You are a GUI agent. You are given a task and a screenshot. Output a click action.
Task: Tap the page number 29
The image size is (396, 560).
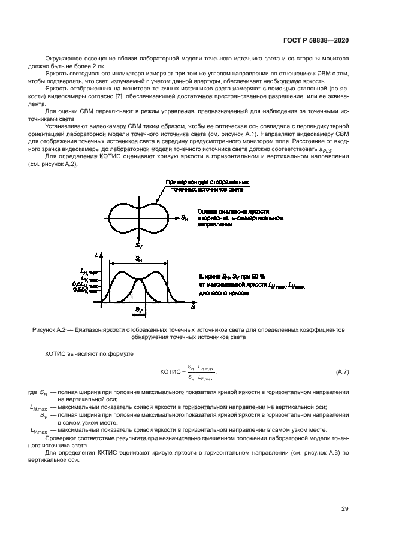[x=344, y=509]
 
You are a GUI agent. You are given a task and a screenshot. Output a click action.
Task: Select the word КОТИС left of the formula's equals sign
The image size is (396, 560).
[x=172, y=372]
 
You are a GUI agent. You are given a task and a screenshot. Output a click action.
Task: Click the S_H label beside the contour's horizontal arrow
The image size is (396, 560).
[x=185, y=218]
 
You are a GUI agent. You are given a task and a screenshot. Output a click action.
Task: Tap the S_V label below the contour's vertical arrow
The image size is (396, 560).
[x=138, y=246]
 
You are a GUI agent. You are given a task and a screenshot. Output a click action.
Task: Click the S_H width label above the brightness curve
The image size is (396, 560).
[x=138, y=259]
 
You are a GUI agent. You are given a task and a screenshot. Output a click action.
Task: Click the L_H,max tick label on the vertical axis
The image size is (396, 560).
[x=89, y=272]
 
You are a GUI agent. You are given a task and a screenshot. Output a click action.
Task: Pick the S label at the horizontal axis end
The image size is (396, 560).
[x=193, y=306]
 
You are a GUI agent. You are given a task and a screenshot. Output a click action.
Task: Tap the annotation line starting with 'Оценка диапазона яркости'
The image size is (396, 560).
[x=233, y=212]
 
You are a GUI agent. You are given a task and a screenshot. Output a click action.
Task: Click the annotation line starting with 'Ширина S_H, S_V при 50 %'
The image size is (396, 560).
[x=233, y=277]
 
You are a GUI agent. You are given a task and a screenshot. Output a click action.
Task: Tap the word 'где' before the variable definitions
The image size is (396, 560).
[x=32, y=393]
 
